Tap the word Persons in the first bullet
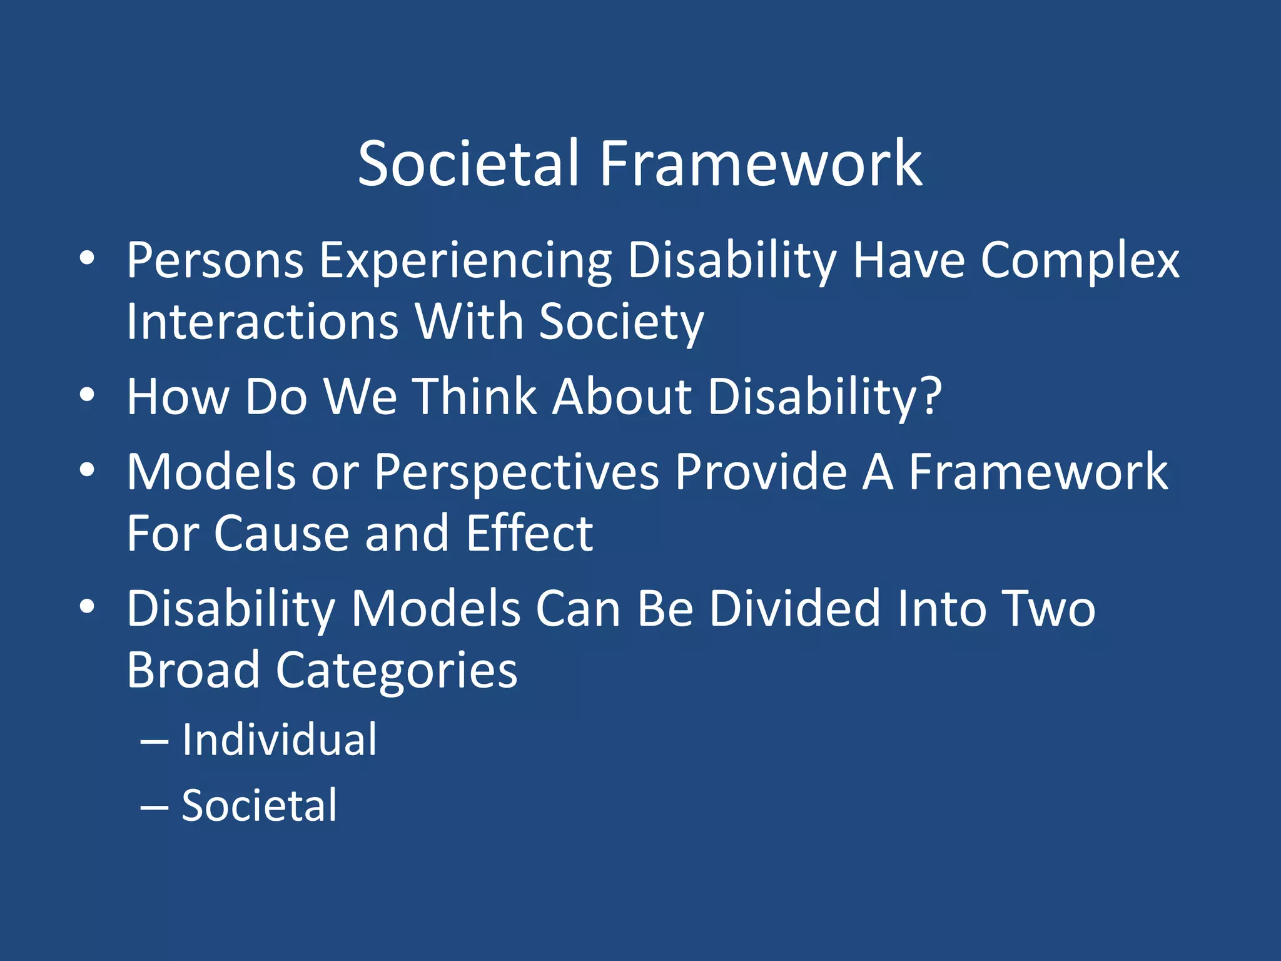point(215,261)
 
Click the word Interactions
point(262,322)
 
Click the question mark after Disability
point(931,396)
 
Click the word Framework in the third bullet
point(1038,472)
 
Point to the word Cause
point(281,534)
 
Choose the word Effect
point(529,534)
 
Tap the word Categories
point(397,671)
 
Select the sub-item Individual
point(280,740)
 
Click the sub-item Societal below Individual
point(259,806)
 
